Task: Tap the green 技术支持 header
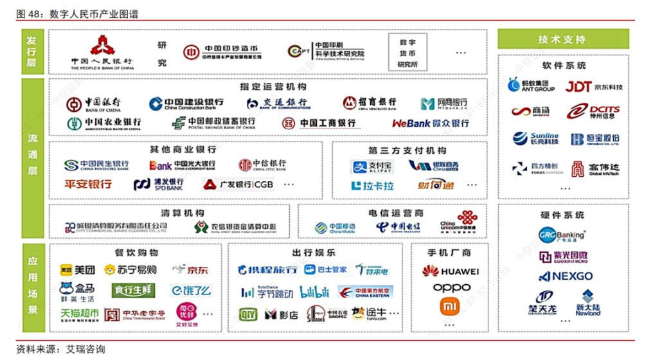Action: [x=562, y=40]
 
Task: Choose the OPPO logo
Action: [x=451, y=288]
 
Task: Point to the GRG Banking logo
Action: [x=562, y=235]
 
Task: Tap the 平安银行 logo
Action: [x=88, y=184]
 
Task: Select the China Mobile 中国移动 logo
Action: [x=335, y=228]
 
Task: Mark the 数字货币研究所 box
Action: [x=407, y=53]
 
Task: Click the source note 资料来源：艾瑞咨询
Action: [x=61, y=350]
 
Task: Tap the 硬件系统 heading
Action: [x=562, y=215]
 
